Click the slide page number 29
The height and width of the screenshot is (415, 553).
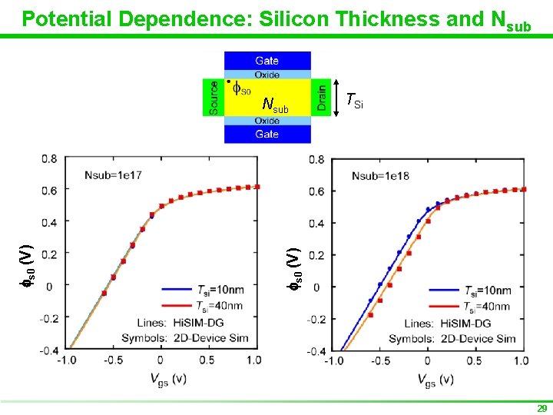click(541, 408)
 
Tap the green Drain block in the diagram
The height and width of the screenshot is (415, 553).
click(320, 97)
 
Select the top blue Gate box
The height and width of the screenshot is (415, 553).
click(267, 60)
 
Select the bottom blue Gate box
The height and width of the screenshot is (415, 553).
click(267, 134)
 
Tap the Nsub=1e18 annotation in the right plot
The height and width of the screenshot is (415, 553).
click(380, 176)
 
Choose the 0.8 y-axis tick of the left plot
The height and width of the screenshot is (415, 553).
click(49, 159)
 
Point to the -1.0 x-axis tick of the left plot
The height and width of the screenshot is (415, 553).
click(68, 360)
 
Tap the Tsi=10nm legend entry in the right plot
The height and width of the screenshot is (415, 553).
click(485, 290)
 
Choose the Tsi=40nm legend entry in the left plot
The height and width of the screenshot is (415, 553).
click(219, 305)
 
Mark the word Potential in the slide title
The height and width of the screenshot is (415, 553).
click(62, 18)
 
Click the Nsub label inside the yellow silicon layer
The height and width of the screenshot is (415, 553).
click(274, 105)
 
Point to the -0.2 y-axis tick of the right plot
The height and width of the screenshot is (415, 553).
click(315, 319)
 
